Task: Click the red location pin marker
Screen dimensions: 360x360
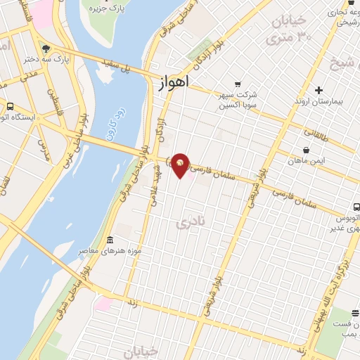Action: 181,165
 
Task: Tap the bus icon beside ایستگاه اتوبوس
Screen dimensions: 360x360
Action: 10,107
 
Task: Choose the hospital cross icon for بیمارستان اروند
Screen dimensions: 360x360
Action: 319,90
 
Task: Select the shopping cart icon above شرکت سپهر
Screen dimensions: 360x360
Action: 237,83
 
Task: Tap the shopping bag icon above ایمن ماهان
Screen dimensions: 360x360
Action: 306,150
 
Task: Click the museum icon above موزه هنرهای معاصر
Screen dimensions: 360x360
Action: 109,240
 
